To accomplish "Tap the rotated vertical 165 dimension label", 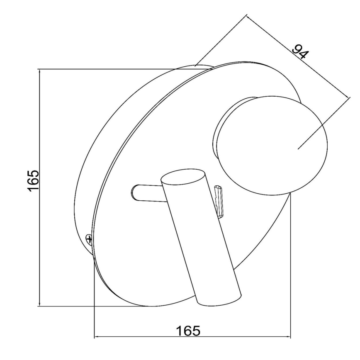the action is pos(34,180).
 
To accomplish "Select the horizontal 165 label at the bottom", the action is pos(188,331).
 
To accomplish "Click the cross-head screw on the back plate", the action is pos(89,239).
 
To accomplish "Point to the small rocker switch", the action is pos(219,201).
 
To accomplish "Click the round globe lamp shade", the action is pos(271,146).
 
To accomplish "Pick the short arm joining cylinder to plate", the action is pos(147,193).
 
